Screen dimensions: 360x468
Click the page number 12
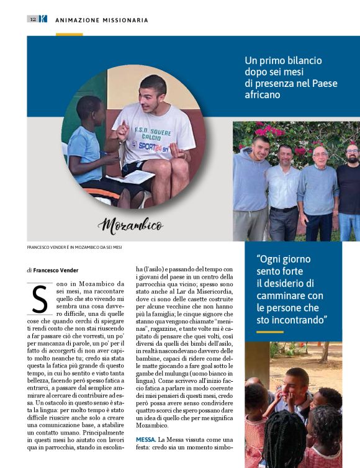tap(32, 19)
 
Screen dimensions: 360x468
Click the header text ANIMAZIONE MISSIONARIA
tap(102, 20)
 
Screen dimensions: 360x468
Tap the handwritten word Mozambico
tap(132, 225)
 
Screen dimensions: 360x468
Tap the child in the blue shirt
tap(89, 149)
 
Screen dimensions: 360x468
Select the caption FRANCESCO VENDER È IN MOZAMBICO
tap(74, 247)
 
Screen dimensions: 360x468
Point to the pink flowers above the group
tap(268, 130)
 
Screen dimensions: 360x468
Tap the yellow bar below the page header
tap(69, 34)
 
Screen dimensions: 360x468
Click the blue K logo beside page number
tap(43, 19)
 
